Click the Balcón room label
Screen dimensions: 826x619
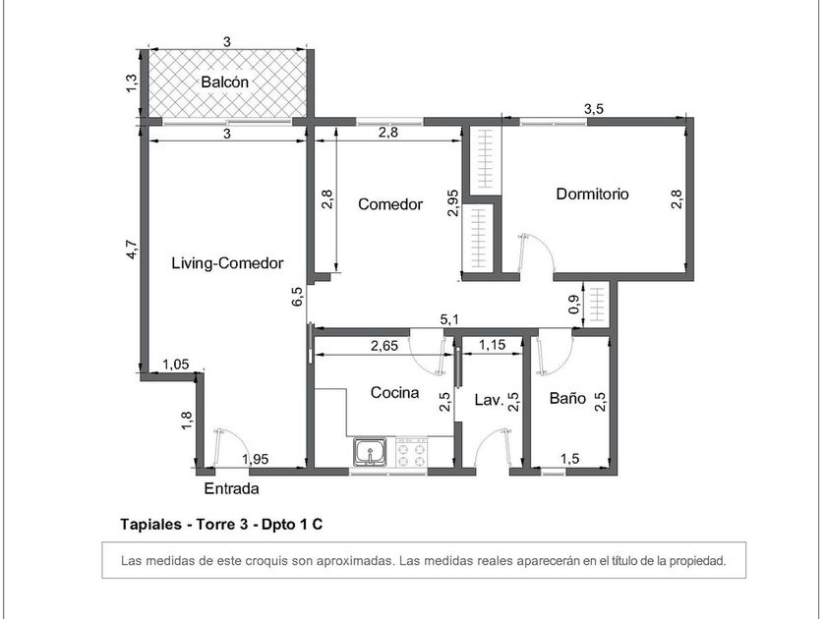[225, 83]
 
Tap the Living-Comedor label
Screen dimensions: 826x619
[227, 263]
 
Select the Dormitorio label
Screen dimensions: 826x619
[593, 194]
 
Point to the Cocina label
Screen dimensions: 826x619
[394, 392]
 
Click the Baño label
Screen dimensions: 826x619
[567, 398]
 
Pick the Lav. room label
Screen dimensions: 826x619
[490, 400]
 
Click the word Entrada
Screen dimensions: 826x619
[231, 488]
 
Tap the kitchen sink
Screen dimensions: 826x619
[371, 452]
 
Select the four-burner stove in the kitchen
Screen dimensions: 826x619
[411, 453]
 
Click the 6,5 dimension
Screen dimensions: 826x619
[297, 296]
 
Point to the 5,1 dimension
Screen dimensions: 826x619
[449, 319]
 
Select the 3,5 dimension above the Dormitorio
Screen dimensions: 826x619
[594, 109]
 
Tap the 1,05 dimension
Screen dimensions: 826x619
[175, 365]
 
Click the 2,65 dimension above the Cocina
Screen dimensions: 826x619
[384, 346]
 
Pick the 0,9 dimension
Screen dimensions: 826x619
[574, 304]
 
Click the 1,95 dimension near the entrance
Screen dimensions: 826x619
[256, 459]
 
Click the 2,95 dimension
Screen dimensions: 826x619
[453, 202]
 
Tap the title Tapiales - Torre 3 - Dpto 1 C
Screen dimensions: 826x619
[221, 525]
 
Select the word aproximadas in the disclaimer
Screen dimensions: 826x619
[355, 561]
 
